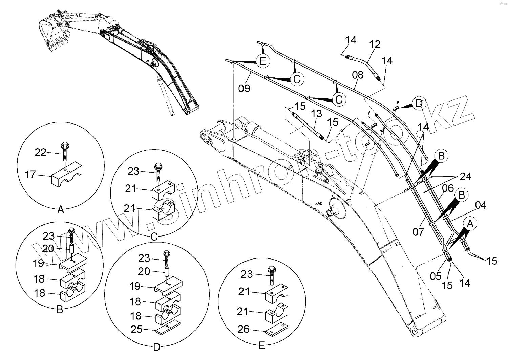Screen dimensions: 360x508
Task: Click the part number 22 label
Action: (x=40, y=153)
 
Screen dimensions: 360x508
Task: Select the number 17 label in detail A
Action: (x=30, y=174)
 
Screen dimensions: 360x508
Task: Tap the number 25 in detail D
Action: (x=136, y=329)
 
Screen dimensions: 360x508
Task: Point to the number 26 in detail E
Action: (x=244, y=329)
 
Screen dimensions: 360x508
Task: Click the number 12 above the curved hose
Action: (x=375, y=44)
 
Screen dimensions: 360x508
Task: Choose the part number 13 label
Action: (x=317, y=114)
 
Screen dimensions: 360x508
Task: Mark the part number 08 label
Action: (x=358, y=75)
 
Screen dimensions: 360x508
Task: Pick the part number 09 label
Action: (x=244, y=88)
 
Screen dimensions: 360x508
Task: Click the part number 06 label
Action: (x=448, y=188)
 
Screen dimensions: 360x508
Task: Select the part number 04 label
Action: (x=481, y=205)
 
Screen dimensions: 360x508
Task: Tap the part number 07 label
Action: (x=419, y=232)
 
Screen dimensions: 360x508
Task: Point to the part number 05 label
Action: (x=436, y=276)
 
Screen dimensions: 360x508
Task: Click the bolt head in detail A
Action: (x=64, y=146)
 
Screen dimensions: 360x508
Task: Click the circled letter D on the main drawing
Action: (x=419, y=104)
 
